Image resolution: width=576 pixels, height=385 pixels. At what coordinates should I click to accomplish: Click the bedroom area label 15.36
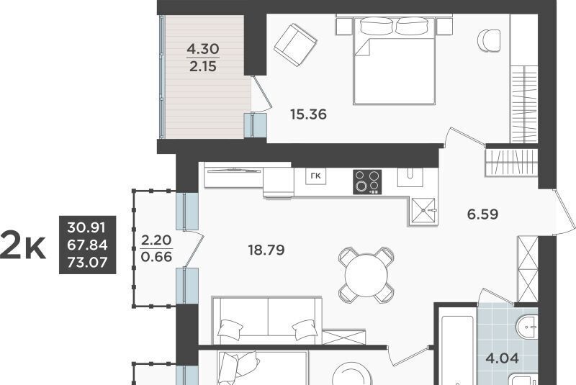(x=308, y=114)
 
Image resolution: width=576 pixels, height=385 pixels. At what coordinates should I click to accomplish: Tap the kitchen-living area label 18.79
(x=266, y=250)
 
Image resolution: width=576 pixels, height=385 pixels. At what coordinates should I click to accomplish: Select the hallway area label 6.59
(x=482, y=214)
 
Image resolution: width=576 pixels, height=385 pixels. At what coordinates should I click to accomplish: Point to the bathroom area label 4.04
(x=502, y=358)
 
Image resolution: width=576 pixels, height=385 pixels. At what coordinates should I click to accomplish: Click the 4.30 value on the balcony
(x=203, y=48)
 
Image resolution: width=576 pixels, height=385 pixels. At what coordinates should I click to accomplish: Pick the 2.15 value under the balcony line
(x=203, y=66)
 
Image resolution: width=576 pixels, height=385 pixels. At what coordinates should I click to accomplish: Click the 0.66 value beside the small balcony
(x=156, y=256)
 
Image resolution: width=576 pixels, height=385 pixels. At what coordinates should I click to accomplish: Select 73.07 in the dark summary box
(x=87, y=263)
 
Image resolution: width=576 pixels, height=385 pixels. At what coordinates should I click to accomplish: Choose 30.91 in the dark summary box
(x=86, y=227)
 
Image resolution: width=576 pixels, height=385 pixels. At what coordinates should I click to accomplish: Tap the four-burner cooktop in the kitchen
(x=367, y=181)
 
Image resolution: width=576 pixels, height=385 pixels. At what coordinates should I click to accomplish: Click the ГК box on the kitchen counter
(x=316, y=176)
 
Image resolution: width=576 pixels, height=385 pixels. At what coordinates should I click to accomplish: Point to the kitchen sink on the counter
(x=410, y=177)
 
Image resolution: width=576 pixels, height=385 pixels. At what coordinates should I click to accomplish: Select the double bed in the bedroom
(x=394, y=60)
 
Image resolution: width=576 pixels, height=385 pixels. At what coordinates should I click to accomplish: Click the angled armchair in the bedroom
(x=295, y=45)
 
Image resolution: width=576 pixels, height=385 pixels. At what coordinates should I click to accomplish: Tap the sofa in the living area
(x=267, y=321)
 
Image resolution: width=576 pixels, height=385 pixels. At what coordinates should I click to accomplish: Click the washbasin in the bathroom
(x=527, y=326)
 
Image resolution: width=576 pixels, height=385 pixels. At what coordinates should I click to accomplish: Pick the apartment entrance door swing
(x=564, y=213)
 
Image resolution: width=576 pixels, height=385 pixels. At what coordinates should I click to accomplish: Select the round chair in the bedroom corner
(x=489, y=41)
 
